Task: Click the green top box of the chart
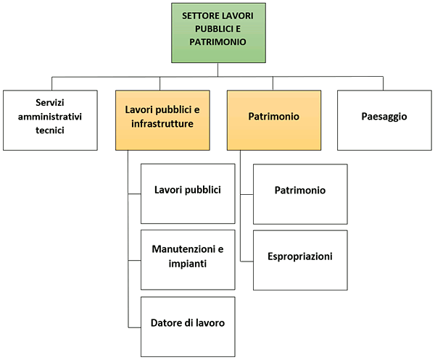tap(217, 32)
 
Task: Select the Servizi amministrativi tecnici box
tap(50, 120)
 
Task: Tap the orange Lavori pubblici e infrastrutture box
tap(162, 120)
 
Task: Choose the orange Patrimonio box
tap(273, 120)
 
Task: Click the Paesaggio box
tap(384, 120)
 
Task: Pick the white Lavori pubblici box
tap(188, 193)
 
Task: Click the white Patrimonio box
tap(300, 193)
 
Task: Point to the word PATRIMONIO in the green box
tap(217, 42)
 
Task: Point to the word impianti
tap(188, 264)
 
